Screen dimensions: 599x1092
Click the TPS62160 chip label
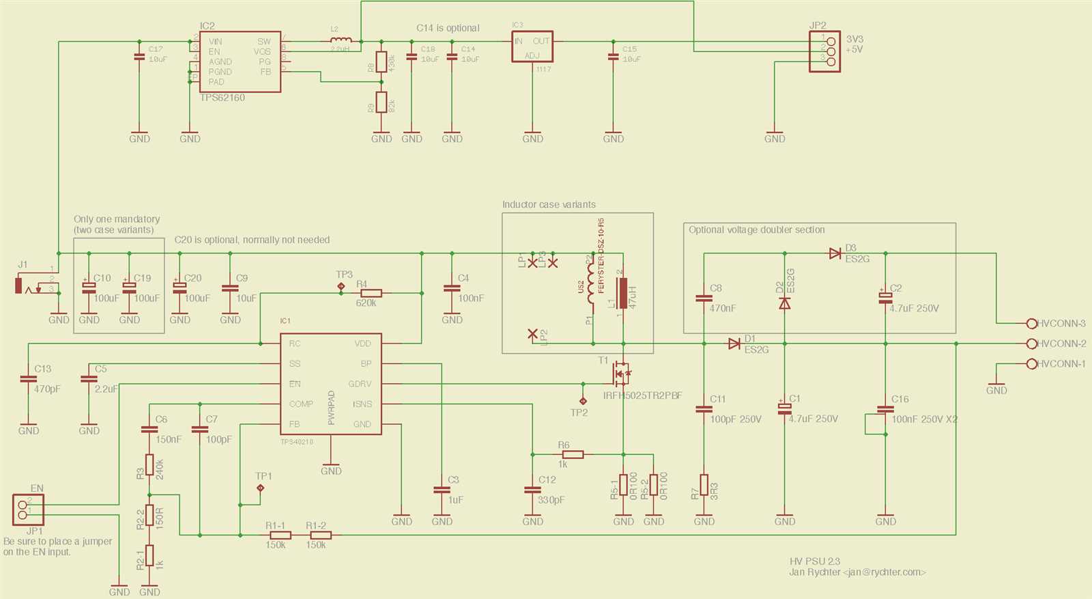222,98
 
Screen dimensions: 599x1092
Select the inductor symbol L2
341,40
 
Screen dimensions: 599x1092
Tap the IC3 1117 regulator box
532,47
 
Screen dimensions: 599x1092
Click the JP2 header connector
824,51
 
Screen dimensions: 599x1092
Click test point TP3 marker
341,288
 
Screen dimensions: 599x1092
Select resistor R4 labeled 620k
371,293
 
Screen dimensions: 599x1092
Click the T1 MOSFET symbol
622,373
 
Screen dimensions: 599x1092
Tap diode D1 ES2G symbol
734,344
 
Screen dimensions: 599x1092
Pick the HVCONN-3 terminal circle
1031,323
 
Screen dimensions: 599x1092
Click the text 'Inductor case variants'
549,204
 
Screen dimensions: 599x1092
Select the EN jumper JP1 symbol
27,509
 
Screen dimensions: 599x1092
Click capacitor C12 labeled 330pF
532,490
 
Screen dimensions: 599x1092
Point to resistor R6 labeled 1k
573,454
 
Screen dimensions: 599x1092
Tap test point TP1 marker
260,488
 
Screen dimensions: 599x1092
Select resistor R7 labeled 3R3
704,484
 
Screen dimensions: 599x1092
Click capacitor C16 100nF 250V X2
885,410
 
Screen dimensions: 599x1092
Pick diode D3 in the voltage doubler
835,253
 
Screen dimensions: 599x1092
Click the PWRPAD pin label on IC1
331,408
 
